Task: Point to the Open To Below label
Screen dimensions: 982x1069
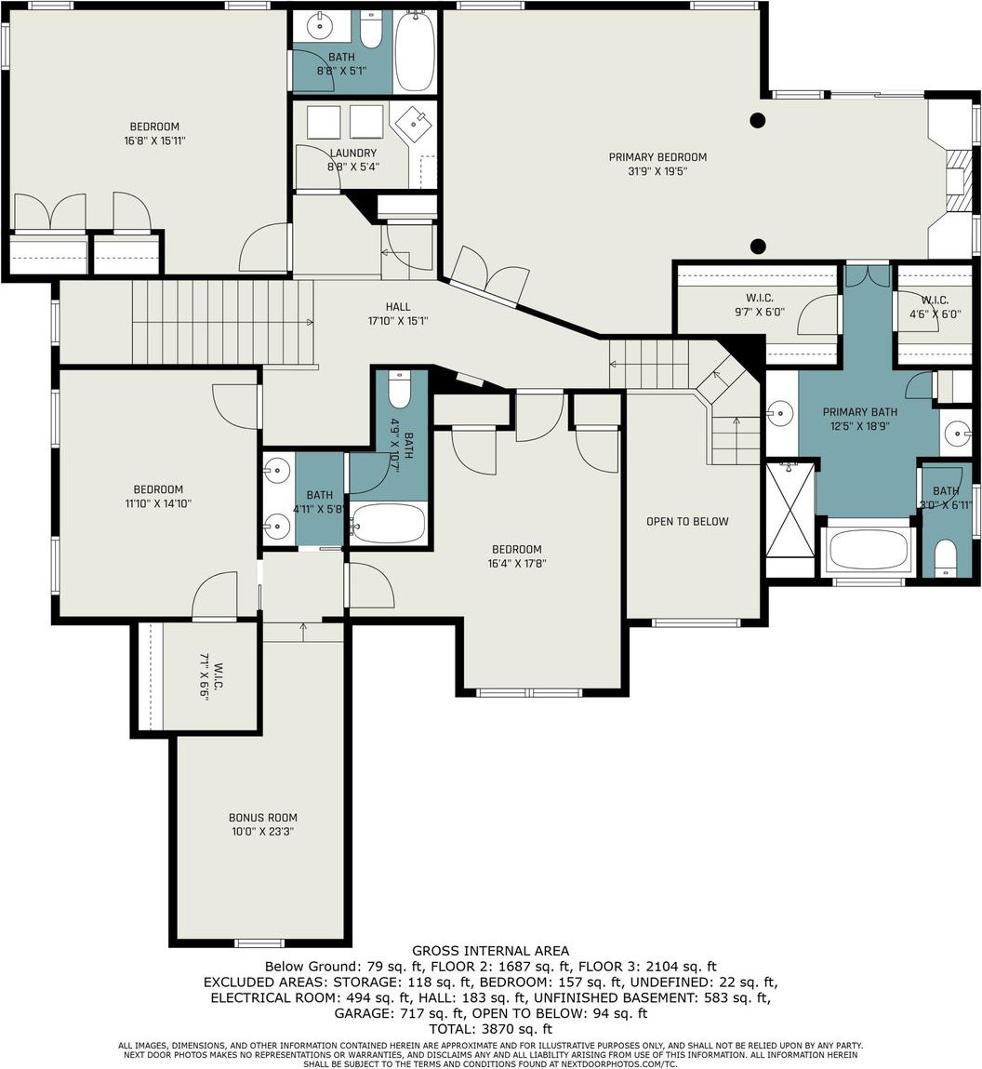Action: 687,522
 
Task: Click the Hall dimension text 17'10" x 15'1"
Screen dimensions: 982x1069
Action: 398,321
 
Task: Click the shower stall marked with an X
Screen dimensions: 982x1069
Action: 790,509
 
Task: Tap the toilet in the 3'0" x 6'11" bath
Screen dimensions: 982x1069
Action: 945,557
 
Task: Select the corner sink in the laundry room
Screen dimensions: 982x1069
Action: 414,124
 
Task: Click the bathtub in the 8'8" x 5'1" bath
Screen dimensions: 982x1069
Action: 415,51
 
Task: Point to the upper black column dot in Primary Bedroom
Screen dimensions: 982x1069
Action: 757,121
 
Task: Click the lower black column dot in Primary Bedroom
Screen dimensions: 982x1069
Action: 757,247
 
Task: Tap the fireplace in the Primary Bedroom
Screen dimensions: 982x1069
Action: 955,180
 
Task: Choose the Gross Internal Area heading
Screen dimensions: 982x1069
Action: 491,950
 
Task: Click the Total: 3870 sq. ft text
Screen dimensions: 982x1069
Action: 491,1029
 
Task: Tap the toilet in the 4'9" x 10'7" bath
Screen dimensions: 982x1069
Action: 399,389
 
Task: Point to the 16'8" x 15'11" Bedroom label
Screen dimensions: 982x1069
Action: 154,134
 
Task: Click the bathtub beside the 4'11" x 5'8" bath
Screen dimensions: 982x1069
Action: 389,524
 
